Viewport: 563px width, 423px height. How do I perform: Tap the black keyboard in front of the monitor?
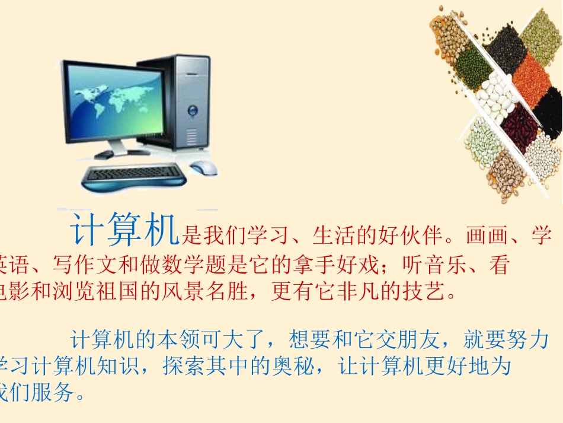click(135, 173)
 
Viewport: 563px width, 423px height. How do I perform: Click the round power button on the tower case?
click(192, 110)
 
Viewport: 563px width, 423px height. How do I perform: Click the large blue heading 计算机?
click(125, 231)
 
